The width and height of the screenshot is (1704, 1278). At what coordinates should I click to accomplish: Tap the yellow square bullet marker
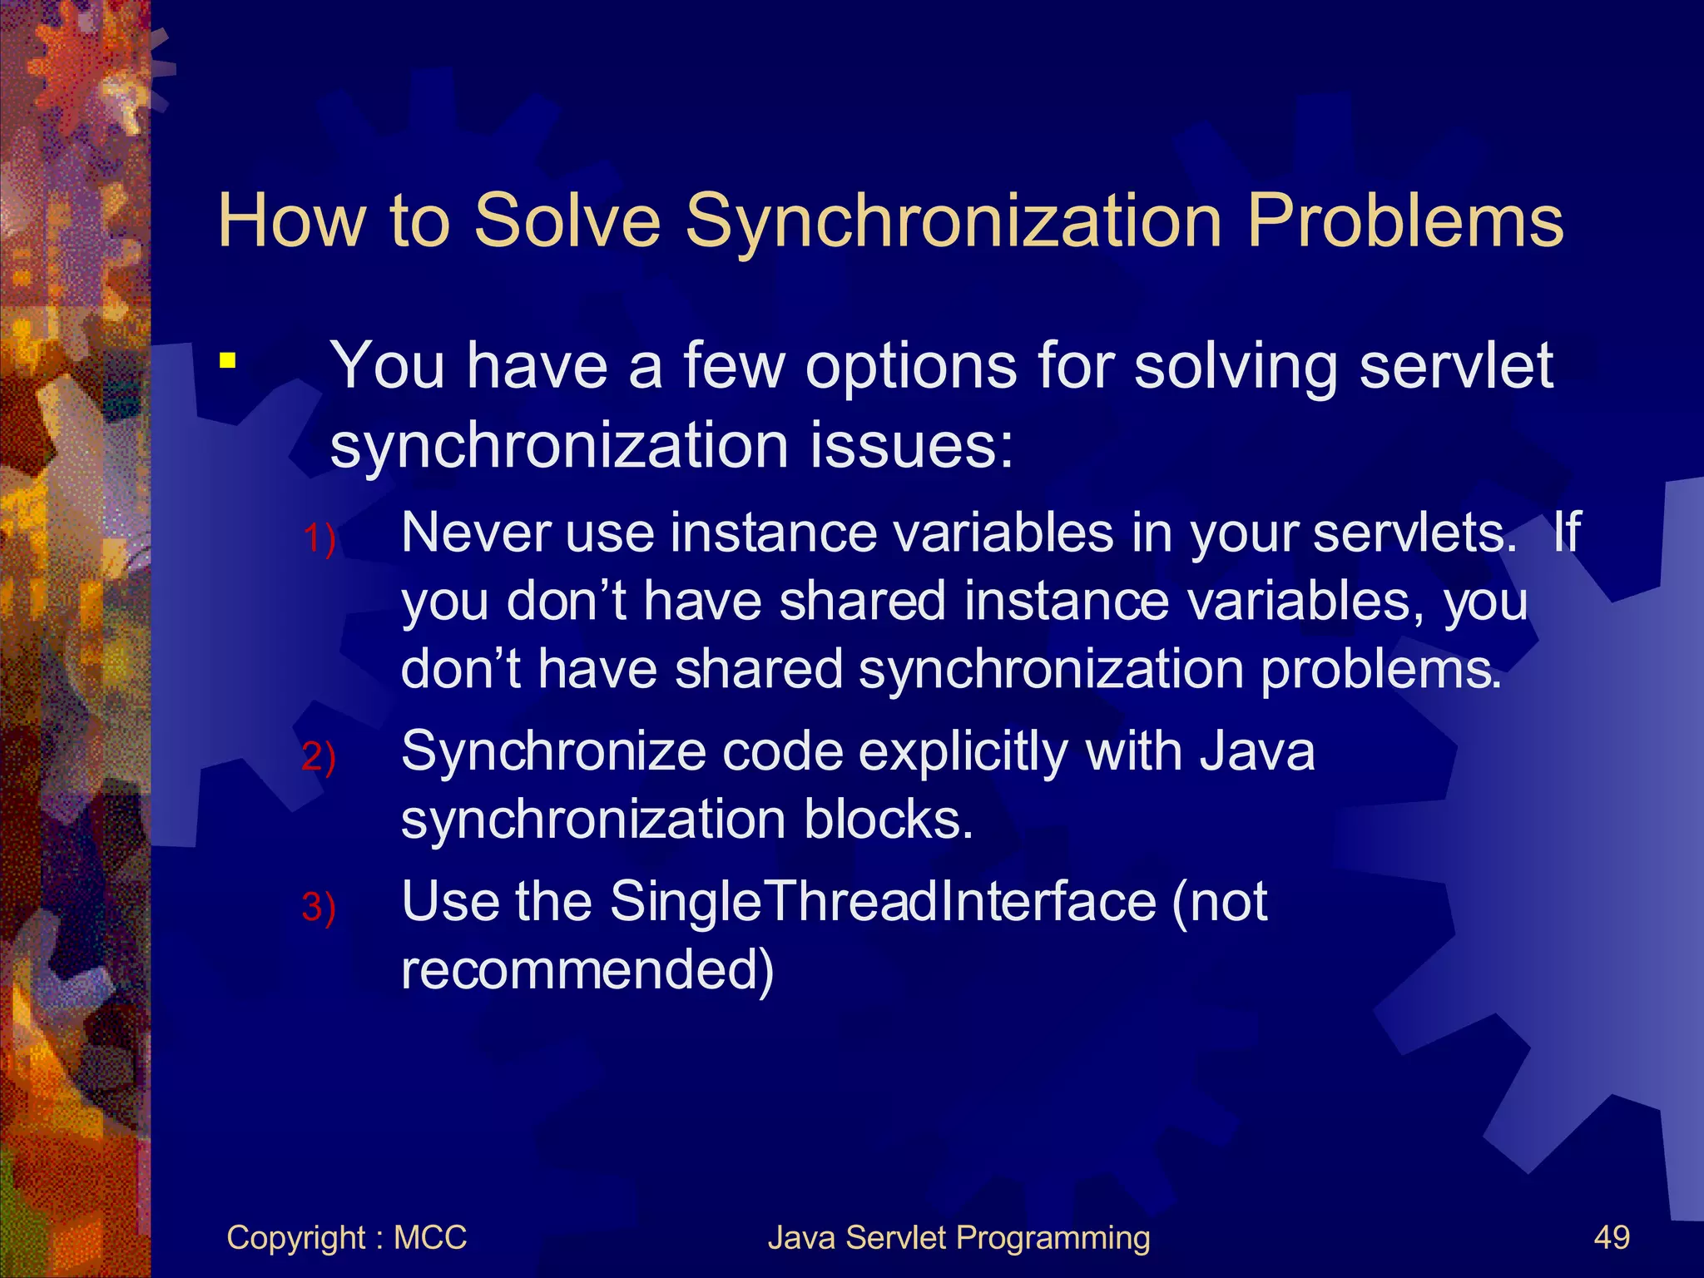(x=227, y=361)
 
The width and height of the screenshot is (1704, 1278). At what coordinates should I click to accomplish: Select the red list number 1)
(x=319, y=538)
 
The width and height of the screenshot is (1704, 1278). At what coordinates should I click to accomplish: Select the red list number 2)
(x=319, y=757)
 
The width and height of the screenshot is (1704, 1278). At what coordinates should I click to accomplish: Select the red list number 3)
(x=319, y=907)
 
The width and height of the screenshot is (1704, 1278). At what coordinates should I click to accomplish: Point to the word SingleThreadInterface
(x=883, y=902)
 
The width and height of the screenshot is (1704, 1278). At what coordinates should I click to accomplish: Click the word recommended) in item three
(x=587, y=970)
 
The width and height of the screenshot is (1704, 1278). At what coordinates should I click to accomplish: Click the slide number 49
(x=1612, y=1238)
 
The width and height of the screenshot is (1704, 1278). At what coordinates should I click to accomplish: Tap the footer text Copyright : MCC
(x=346, y=1238)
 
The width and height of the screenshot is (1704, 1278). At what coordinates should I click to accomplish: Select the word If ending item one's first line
(x=1566, y=532)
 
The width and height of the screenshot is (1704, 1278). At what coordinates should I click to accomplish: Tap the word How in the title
(x=291, y=220)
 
